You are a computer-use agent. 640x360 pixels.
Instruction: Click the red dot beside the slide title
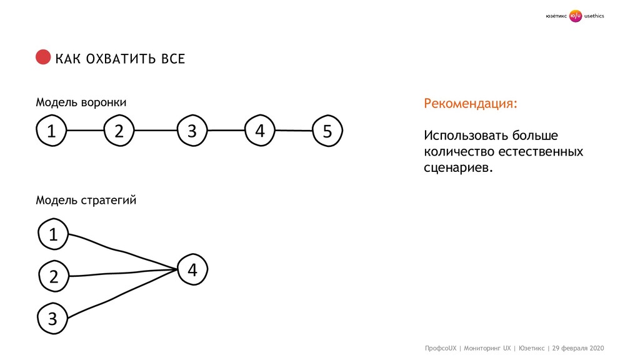pos(42,57)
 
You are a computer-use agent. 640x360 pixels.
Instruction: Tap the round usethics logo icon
pos(576,16)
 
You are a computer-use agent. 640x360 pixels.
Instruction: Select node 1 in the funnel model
pos(51,131)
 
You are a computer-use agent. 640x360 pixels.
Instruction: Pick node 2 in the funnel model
pos(119,131)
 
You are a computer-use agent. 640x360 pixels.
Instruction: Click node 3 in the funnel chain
pos(191,131)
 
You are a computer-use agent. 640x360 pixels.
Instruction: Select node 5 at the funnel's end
pos(327,131)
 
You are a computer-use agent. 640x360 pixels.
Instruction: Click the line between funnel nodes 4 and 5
pos(293,131)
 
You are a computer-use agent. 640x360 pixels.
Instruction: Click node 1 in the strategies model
pos(53,235)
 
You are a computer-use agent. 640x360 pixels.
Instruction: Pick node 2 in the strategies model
pos(53,276)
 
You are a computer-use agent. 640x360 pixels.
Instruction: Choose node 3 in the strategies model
pos(52,319)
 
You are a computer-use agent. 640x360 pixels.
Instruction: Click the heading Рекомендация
pos(471,103)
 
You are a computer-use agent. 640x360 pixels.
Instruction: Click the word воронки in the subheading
pos(103,102)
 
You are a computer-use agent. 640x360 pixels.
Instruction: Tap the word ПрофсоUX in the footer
pos(441,347)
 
